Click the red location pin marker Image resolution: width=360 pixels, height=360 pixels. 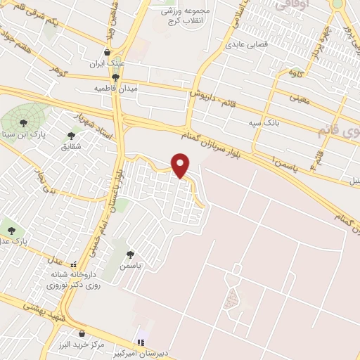click(x=181, y=165)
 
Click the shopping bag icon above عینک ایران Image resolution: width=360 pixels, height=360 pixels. click(x=107, y=52)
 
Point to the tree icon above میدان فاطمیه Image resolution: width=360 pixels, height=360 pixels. click(x=115, y=77)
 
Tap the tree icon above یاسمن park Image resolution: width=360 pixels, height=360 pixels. click(x=129, y=255)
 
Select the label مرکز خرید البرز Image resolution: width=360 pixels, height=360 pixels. click(x=82, y=345)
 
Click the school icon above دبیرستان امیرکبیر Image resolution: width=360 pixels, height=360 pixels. click(x=141, y=342)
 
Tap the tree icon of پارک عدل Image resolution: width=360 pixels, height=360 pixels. click(x=11, y=229)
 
